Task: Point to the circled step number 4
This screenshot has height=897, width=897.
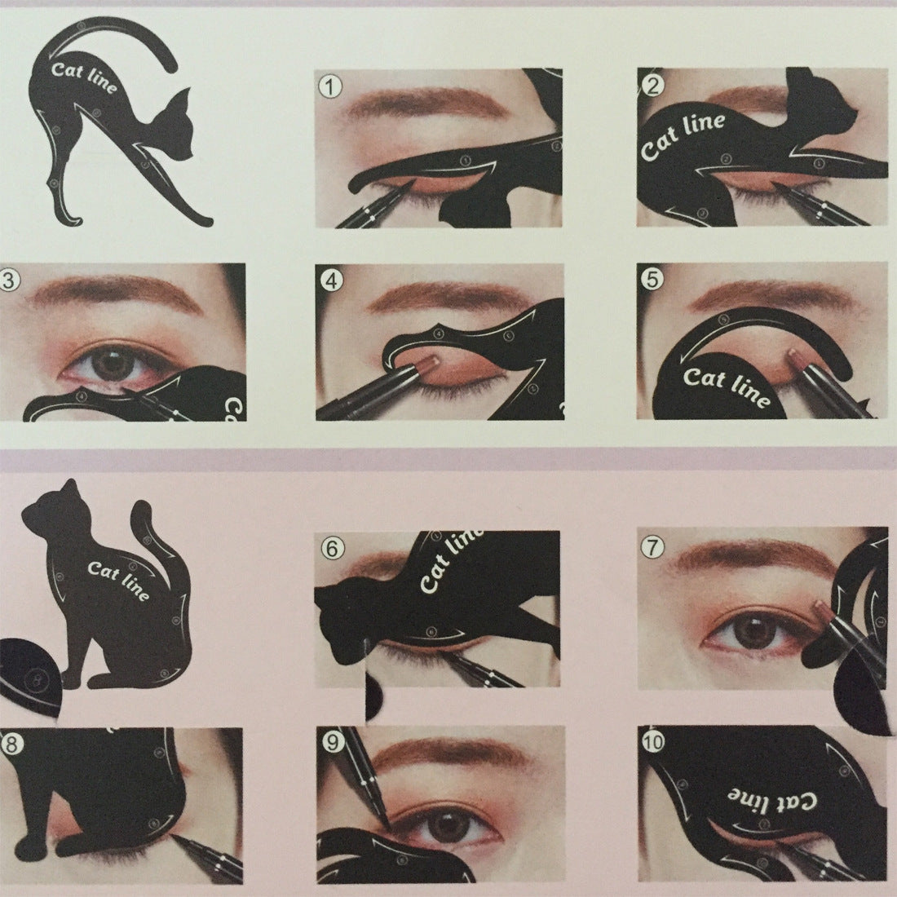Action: [330, 280]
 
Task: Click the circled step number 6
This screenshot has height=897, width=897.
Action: [329, 548]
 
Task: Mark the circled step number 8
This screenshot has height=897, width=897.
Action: [11, 742]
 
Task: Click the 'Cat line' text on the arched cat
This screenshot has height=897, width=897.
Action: [84, 77]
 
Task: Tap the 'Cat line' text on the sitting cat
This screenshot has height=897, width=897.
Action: [119, 578]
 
